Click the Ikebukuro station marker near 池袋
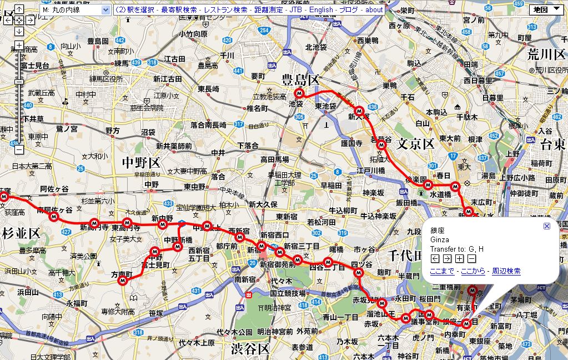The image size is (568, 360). (x=299, y=93)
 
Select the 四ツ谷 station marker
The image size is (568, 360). (x=359, y=273)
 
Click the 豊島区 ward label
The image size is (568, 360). (x=300, y=80)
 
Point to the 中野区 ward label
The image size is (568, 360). (x=141, y=162)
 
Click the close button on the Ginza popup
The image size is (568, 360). (x=546, y=226)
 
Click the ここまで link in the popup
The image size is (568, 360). (x=442, y=271)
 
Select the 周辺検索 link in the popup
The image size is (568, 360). (x=506, y=271)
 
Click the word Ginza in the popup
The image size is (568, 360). (x=439, y=239)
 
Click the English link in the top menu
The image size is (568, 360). (x=321, y=9)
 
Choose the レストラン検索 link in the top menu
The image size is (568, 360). (x=225, y=9)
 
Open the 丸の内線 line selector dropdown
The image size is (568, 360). (x=76, y=9)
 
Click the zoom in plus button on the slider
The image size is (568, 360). (x=19, y=45)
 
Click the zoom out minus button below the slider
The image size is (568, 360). (x=19, y=149)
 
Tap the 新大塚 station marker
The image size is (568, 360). (x=359, y=110)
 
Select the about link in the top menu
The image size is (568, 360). (x=374, y=9)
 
